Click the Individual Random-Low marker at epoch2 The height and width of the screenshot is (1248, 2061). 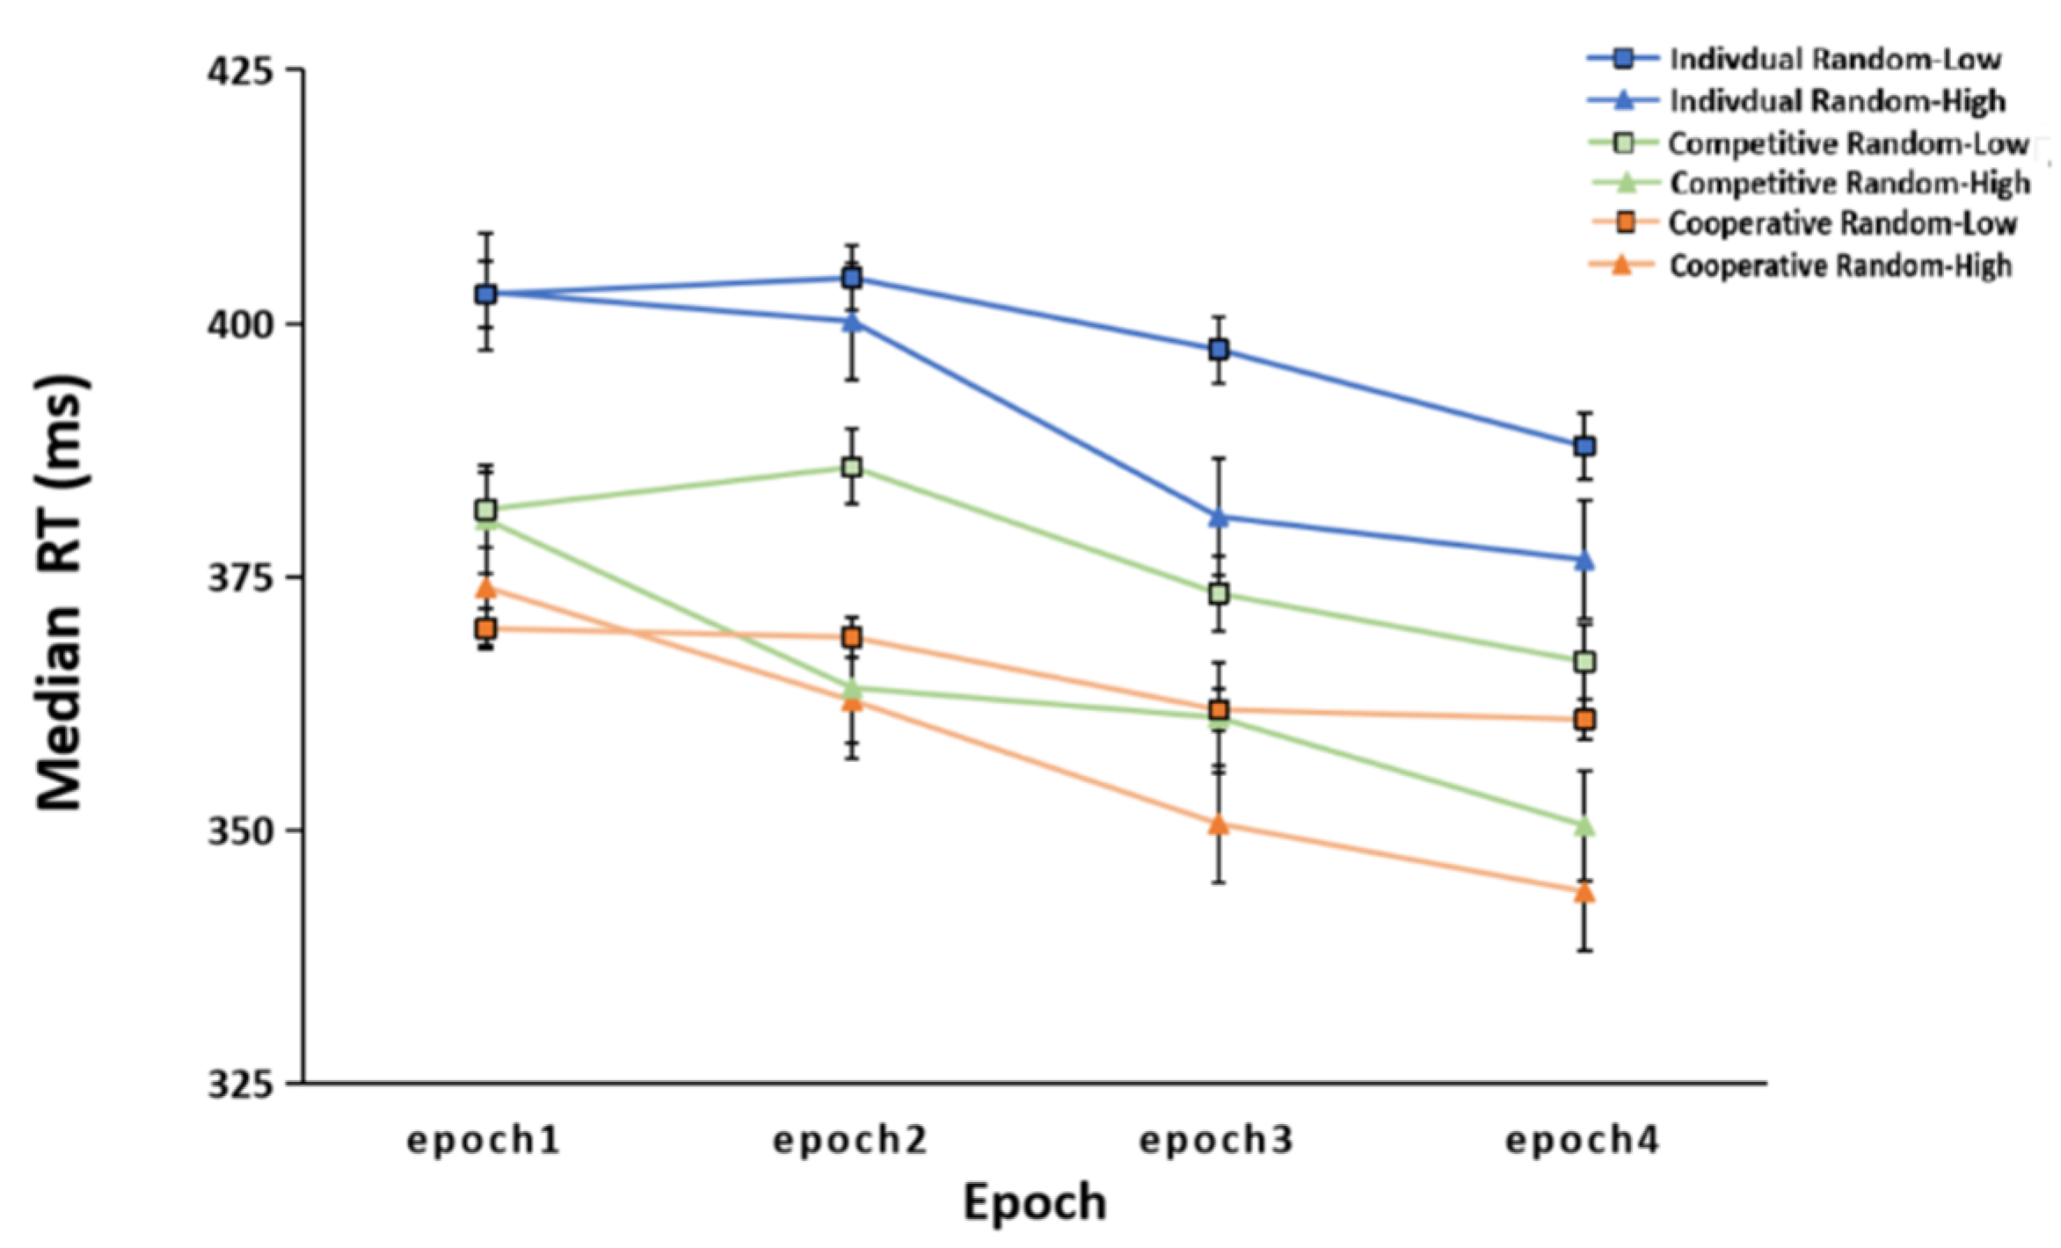click(x=851, y=279)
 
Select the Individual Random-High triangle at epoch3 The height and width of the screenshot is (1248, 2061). click(x=1219, y=518)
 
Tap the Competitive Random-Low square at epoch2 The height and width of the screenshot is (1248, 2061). click(x=851, y=467)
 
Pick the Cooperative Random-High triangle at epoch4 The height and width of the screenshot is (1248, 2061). click(x=1584, y=893)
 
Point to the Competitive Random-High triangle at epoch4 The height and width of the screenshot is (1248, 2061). click(x=1584, y=826)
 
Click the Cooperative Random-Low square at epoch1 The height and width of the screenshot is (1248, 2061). click(x=485, y=628)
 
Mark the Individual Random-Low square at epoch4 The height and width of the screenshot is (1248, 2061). click(x=1584, y=446)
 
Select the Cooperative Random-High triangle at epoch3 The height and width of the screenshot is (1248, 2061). click(x=1219, y=824)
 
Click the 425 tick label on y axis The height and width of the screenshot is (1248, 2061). click(x=240, y=70)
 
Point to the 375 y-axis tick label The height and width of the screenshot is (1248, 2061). click(x=240, y=578)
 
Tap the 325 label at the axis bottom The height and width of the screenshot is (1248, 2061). click(x=240, y=1085)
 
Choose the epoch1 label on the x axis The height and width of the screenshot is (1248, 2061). click(x=484, y=1141)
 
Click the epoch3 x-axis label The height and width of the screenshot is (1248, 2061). click(x=1217, y=1141)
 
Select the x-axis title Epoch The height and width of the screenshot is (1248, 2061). click(x=1034, y=1202)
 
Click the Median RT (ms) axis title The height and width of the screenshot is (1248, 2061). click(x=62, y=593)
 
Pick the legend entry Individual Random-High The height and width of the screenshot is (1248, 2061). click(x=1838, y=101)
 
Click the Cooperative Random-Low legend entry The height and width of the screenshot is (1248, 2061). click(x=1842, y=223)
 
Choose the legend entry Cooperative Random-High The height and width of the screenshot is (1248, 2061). click(x=1840, y=265)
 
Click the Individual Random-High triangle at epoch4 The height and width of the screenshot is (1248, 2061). click(x=1584, y=560)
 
